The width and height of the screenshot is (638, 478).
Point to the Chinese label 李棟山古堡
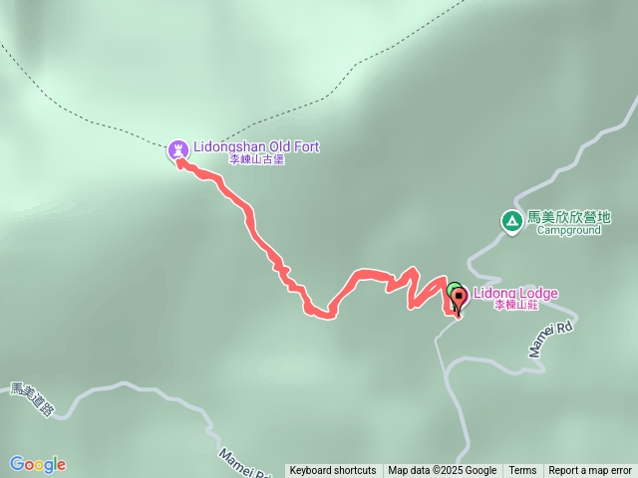coord(256,159)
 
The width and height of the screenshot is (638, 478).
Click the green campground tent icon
coord(511,220)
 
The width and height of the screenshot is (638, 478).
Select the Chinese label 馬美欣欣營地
coord(568,217)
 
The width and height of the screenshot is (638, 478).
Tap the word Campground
coord(568,230)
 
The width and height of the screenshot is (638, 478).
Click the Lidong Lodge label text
coord(514,294)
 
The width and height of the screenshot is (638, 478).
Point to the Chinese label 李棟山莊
coord(516,306)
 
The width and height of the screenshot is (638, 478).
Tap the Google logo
coord(38,464)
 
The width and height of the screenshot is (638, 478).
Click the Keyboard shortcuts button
coord(333,471)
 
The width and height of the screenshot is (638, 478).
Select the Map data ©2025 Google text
coord(442,471)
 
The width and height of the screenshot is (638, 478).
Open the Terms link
coord(522,471)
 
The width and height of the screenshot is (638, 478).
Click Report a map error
coord(590,471)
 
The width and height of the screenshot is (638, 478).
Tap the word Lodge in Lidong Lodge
coord(537,294)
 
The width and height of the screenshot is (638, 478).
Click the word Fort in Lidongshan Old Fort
coord(306,147)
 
